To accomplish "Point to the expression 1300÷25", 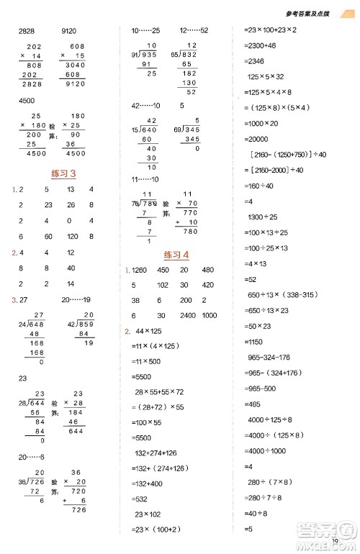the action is click(x=266, y=217).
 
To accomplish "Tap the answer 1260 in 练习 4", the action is click(x=140, y=271).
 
